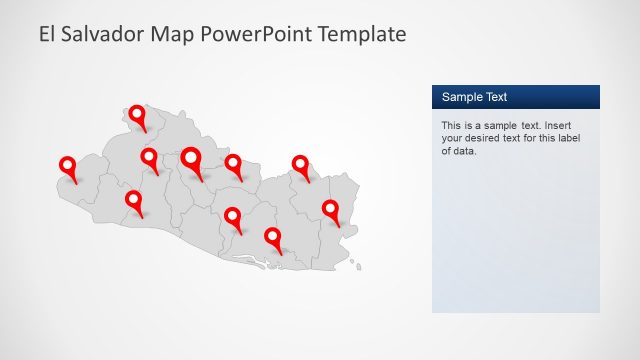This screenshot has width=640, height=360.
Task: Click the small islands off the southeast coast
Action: click(x=357, y=265)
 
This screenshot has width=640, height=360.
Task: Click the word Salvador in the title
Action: click(x=105, y=34)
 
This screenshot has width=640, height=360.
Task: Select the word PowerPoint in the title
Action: click(x=254, y=34)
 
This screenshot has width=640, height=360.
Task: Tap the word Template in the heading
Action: click(x=361, y=34)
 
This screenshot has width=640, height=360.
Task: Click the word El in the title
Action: click(x=47, y=34)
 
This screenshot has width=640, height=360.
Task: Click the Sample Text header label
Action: click(x=474, y=97)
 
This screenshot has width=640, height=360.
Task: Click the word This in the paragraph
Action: click(x=452, y=126)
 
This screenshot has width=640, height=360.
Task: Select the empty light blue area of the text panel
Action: click(x=515, y=240)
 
